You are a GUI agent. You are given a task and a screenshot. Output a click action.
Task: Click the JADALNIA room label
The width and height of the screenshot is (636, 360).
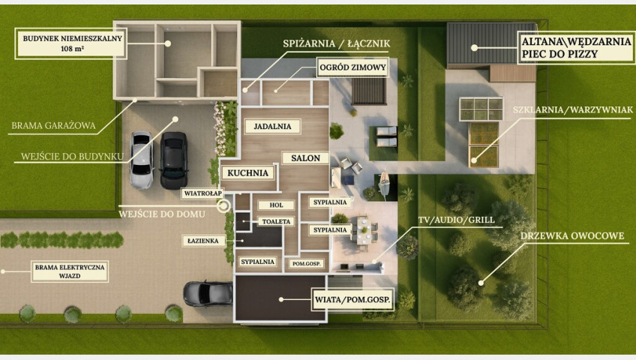(x=272, y=127)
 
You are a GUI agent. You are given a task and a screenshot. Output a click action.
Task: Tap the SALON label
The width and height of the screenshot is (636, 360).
(x=305, y=158)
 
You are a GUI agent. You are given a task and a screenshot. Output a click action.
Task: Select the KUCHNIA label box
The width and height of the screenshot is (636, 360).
(x=247, y=173)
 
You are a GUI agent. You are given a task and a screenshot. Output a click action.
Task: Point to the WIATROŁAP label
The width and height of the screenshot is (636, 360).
(x=202, y=193)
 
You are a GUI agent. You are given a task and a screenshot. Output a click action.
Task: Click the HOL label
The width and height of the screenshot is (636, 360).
(x=276, y=205)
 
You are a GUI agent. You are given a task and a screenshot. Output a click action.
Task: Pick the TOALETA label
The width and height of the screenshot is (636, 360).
(x=276, y=221)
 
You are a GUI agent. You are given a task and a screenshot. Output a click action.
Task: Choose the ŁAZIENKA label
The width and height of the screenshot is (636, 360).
(x=202, y=241)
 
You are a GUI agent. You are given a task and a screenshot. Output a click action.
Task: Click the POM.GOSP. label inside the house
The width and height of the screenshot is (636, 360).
(x=307, y=263)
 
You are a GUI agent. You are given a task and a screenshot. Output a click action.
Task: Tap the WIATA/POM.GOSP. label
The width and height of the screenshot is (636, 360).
(x=352, y=300)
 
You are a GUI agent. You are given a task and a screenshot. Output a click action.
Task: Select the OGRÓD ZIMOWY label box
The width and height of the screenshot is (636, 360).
(x=352, y=67)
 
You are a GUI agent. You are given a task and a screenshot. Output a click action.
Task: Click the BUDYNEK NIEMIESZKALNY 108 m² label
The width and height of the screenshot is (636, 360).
(x=72, y=43)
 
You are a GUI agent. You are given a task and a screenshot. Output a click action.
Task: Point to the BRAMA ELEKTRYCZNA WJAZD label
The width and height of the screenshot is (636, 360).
(x=70, y=271)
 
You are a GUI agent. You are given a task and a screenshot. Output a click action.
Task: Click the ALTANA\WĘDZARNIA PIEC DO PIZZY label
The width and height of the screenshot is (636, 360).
(x=576, y=47)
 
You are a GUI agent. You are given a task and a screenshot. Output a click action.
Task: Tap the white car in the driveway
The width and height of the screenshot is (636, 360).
(x=142, y=160)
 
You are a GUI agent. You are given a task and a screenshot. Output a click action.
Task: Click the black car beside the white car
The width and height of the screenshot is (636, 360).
(x=173, y=160)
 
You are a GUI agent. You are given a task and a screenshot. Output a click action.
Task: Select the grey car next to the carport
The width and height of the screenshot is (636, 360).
(x=208, y=293)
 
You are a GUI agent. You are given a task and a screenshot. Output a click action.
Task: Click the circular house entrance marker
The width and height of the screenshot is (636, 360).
(x=223, y=206)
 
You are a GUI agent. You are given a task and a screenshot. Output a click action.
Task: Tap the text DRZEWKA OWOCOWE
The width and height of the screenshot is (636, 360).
(x=572, y=236)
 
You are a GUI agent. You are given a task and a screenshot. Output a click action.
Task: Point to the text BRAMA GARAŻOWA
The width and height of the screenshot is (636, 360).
(x=53, y=126)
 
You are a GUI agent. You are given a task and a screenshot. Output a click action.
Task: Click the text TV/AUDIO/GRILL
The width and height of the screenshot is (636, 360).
(x=456, y=220)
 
